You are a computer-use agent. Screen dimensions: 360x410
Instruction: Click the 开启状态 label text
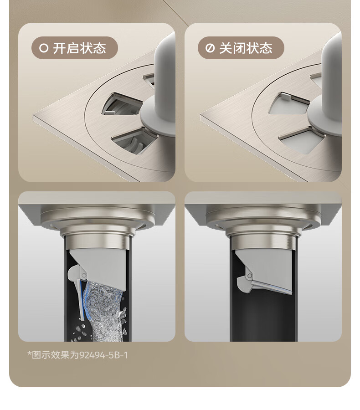click(x=80, y=48)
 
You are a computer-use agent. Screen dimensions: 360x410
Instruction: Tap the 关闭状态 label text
click(x=246, y=48)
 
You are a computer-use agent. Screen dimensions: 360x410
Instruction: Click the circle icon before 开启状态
click(x=44, y=48)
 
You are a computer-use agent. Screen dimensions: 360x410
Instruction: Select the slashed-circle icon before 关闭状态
click(x=210, y=48)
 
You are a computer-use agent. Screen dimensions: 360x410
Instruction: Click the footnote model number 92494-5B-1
click(x=103, y=355)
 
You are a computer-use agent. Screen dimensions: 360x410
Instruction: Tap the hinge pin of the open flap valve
click(x=83, y=275)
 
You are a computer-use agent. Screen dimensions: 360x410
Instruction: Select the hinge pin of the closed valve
click(x=250, y=276)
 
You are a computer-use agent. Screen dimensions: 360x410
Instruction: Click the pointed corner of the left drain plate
click(x=33, y=115)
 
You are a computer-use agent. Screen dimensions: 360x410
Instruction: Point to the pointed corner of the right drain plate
click(x=201, y=116)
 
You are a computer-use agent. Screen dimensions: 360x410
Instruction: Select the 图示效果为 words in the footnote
click(x=55, y=355)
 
